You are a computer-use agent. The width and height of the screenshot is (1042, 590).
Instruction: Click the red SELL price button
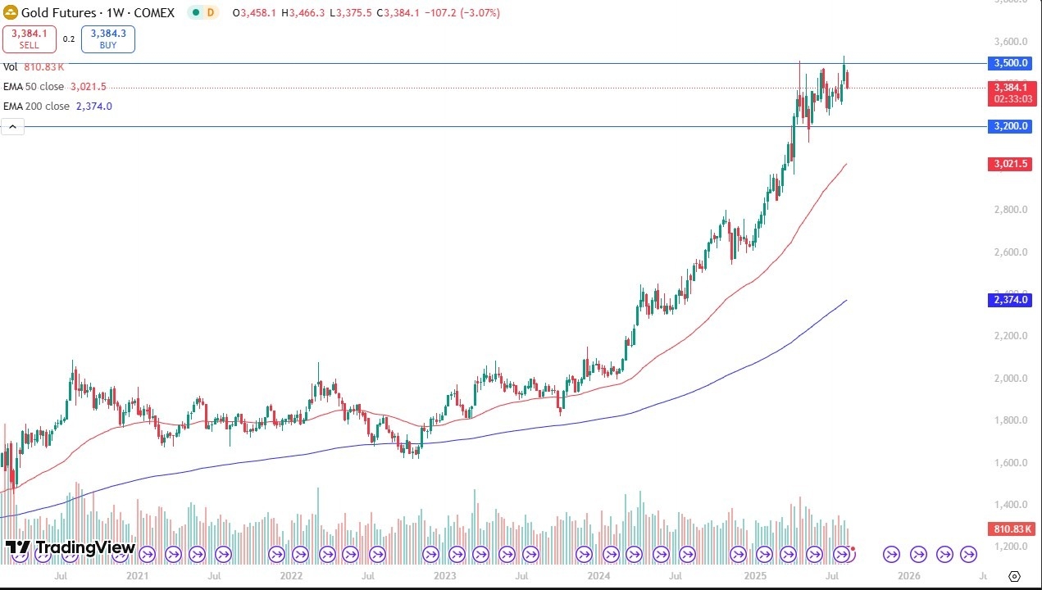[x=28, y=39]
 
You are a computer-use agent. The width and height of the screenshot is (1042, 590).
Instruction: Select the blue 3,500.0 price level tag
[x=1011, y=63]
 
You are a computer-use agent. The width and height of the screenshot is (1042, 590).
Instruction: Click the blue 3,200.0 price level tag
[x=1011, y=126]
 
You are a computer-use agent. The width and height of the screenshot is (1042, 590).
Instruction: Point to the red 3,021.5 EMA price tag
[x=1011, y=164]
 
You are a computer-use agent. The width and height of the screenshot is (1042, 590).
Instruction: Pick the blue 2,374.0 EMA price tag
[x=1011, y=300]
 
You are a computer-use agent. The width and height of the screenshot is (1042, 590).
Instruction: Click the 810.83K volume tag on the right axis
[x=1011, y=529]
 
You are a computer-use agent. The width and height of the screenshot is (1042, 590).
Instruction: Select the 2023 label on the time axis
[x=445, y=575]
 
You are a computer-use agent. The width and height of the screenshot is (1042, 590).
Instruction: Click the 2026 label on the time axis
[x=909, y=575]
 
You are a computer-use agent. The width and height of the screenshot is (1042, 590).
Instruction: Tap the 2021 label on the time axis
[x=136, y=575]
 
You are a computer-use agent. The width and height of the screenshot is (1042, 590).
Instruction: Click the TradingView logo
[x=70, y=547]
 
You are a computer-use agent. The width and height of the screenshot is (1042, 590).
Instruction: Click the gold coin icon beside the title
[x=11, y=13]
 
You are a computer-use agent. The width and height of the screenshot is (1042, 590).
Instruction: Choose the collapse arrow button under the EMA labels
[x=12, y=126]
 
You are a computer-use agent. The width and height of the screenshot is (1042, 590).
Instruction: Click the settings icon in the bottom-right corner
[x=1014, y=576]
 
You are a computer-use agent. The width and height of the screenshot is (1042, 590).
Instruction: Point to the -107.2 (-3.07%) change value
[x=463, y=13]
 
